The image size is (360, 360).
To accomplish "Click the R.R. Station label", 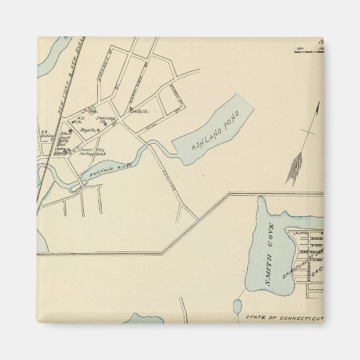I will [x=46, y=135].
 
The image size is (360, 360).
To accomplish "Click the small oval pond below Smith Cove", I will [x=237, y=306].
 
